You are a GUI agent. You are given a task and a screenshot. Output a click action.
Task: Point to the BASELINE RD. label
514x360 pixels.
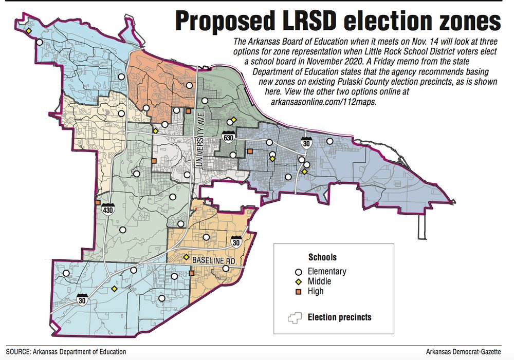tap(214, 261)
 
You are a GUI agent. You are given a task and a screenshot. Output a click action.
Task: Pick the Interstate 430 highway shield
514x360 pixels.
tap(108, 209)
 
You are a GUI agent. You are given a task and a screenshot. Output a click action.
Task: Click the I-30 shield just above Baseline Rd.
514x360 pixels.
tap(236, 242)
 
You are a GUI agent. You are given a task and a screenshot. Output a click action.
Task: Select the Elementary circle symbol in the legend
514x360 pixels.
tap(297, 272)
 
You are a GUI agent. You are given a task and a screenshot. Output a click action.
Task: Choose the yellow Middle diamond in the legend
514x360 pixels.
tap(297, 281)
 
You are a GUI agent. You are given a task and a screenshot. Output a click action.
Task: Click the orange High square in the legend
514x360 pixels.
tap(297, 291)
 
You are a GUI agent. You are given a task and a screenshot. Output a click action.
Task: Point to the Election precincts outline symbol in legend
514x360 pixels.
tap(295, 317)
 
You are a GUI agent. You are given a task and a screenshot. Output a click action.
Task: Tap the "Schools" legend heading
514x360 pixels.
tap(322, 257)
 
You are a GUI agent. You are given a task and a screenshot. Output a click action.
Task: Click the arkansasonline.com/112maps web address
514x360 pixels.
tap(324, 102)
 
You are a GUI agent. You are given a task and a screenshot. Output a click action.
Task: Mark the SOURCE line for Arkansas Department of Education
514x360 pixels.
tap(66, 352)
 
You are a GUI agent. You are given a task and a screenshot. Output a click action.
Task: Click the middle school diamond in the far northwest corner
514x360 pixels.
tap(29, 31)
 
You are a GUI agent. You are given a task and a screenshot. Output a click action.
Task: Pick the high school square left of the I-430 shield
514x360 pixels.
tap(98, 203)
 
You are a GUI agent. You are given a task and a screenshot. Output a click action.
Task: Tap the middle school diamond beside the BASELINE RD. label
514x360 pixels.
tap(186, 257)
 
